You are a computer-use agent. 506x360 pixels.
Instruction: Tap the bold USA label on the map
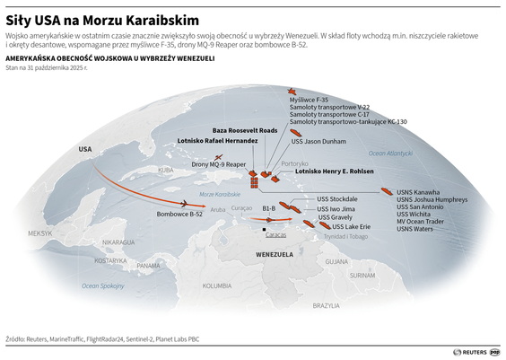85,148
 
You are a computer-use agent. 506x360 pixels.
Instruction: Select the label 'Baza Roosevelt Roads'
232,130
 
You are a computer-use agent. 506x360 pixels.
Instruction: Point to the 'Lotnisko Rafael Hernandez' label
218,141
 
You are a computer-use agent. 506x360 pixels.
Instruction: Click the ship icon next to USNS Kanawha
386,191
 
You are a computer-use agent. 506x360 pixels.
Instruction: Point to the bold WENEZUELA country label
275,255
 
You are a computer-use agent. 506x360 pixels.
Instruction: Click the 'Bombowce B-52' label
179,214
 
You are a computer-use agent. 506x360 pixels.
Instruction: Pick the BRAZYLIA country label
326,306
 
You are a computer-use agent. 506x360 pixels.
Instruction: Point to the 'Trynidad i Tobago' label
345,236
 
